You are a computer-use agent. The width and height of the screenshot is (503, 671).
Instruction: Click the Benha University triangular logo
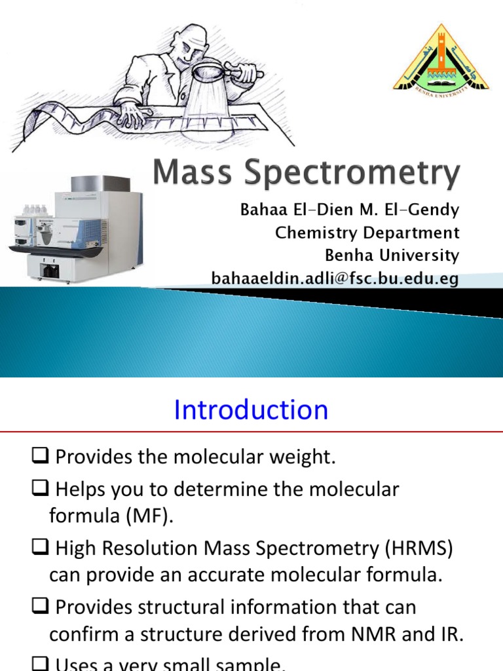441,59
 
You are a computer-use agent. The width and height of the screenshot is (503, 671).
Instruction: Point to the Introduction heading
251,410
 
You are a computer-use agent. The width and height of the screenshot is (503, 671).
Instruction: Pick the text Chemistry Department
367,233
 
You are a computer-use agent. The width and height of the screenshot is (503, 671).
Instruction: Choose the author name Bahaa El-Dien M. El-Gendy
349,210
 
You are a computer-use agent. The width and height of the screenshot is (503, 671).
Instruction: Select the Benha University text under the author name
392,255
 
